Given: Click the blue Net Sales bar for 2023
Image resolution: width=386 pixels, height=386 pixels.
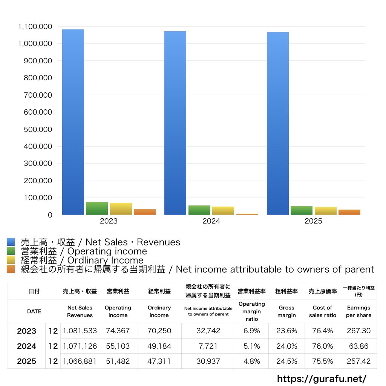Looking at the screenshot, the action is pyautogui.click(x=73, y=122).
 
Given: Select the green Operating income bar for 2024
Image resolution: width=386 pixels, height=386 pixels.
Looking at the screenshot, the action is pyautogui.click(x=199, y=210).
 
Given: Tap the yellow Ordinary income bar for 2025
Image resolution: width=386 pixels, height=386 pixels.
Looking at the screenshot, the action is pyautogui.click(x=325, y=211).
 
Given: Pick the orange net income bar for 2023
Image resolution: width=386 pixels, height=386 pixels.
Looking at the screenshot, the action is pyautogui.click(x=145, y=212).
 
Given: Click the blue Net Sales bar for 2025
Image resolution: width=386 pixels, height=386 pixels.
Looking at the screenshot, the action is pyautogui.click(x=278, y=123).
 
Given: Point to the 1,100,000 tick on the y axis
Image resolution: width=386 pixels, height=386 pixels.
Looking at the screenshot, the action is pyautogui.click(x=35, y=27).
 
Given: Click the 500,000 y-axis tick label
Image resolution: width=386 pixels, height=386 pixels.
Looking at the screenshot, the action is pyautogui.click(x=38, y=129).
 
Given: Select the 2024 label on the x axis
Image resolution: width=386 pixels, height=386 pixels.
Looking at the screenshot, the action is pyautogui.click(x=211, y=221).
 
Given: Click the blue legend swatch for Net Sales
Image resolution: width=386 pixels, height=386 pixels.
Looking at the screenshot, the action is pyautogui.click(x=11, y=242).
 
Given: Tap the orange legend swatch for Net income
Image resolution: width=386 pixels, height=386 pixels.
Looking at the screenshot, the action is pyautogui.click(x=11, y=269).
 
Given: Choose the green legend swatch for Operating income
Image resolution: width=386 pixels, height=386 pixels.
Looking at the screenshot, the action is pyautogui.click(x=11, y=251).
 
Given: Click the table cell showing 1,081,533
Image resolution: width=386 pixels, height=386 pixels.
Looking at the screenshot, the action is pyautogui.click(x=80, y=331).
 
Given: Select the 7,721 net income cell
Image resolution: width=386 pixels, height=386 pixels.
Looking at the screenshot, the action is pyautogui.click(x=208, y=346).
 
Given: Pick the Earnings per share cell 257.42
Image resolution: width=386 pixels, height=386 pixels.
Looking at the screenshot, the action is pyautogui.click(x=359, y=361).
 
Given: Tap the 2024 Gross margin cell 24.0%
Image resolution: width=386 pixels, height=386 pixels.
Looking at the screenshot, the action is pyautogui.click(x=286, y=346).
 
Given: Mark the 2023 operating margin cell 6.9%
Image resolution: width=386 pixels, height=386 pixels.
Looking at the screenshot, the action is pyautogui.click(x=251, y=331).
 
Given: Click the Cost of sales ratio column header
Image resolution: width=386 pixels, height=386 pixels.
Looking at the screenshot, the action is pyautogui.click(x=323, y=311).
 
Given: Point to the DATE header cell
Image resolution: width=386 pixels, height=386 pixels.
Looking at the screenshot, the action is pyautogui.click(x=34, y=311).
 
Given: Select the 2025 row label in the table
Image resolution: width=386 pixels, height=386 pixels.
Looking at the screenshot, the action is pyautogui.click(x=27, y=361).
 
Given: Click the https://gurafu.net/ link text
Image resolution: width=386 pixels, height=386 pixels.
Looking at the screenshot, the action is pyautogui.click(x=322, y=378).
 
